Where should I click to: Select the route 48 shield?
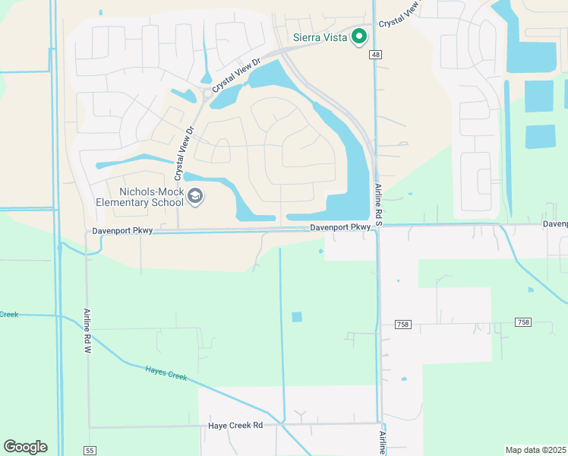pos(375,55)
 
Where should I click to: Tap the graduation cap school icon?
pos(196,198)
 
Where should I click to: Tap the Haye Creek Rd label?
pos(235,426)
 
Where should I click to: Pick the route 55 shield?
pos(90,451)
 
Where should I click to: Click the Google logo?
pos(25,447)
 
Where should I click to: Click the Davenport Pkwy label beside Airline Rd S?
pos(339,227)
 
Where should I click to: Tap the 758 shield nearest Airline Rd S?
pos(402,324)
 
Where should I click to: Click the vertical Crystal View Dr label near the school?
pos(181,154)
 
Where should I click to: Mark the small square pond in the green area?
pos(296,317)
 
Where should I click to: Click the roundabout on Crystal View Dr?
pos(206,94)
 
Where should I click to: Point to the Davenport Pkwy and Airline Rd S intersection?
pos(378,226)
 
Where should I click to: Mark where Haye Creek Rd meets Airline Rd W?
pos(89,426)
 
